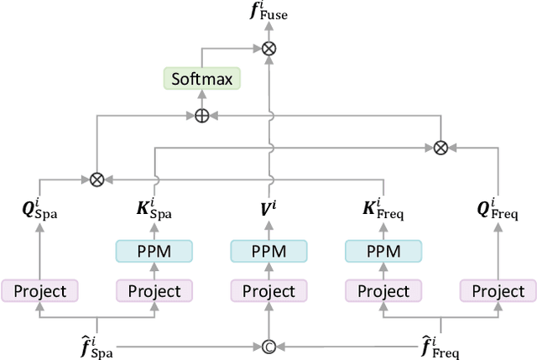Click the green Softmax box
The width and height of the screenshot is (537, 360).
tap(201, 80)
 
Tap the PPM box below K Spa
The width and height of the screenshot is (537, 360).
tap(154, 250)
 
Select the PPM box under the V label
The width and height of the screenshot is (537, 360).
tap(268, 250)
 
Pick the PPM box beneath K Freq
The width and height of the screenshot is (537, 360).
tap(383, 250)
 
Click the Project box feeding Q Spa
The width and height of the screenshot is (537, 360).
tap(39, 291)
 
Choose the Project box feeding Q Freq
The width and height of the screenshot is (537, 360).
tap(498, 291)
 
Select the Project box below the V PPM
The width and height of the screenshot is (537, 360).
tap(268, 291)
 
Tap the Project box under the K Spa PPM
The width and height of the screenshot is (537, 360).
tap(154, 291)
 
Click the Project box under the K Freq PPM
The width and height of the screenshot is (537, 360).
tap(383, 291)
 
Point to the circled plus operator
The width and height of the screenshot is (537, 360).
tap(201, 116)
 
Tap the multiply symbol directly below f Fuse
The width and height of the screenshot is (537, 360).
tap(268, 49)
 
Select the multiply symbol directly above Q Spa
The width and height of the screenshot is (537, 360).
tap(96, 178)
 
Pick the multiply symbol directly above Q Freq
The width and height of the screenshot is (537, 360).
tap(441, 147)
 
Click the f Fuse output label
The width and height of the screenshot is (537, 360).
tap(268, 13)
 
